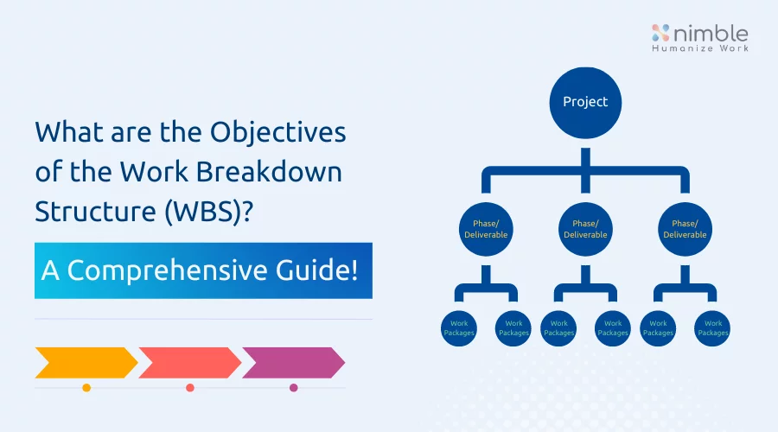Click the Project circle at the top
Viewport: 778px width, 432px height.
(x=585, y=103)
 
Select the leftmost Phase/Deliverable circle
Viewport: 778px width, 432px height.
(x=485, y=228)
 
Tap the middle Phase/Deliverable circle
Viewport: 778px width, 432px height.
(x=585, y=228)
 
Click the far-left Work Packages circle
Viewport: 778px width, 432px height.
(x=459, y=327)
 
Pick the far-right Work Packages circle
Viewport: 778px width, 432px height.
(x=713, y=327)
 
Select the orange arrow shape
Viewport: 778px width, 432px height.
(x=85, y=363)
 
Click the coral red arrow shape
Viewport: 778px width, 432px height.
(x=188, y=363)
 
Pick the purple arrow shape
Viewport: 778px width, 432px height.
(x=292, y=363)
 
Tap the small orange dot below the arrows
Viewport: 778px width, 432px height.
(x=86, y=388)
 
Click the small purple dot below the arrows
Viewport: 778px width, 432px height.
(x=293, y=388)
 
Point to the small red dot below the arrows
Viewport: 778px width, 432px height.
(x=189, y=388)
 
